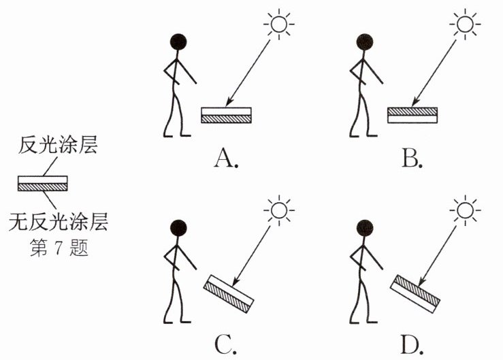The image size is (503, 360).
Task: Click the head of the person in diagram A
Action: tap(178, 42)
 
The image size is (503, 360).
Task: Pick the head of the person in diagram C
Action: tap(178, 229)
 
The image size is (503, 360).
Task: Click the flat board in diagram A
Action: tap(227, 115)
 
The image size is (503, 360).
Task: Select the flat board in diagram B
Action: tap(412, 115)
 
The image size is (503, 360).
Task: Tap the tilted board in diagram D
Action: tap(416, 292)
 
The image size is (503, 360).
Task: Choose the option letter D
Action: tap(412, 345)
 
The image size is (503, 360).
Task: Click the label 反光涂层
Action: tap(59, 146)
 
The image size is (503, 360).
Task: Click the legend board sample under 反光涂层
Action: tap(42, 182)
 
